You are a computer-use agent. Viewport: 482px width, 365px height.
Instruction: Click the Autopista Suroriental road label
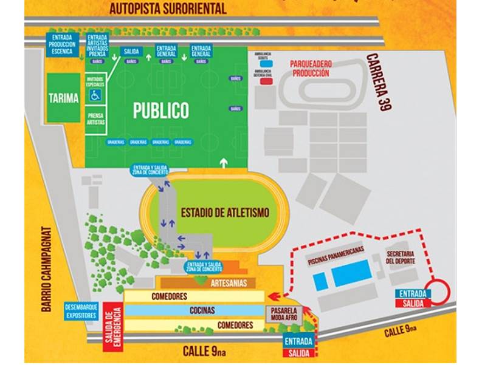point(168,9)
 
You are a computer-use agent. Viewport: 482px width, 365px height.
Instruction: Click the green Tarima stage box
point(64,98)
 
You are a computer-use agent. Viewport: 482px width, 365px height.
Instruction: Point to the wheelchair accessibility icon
point(95,95)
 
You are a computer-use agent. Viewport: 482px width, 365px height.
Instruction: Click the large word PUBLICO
point(161,111)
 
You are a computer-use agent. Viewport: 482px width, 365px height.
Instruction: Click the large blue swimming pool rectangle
point(352,277)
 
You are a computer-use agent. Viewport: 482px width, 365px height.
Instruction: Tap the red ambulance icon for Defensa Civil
point(266,80)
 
